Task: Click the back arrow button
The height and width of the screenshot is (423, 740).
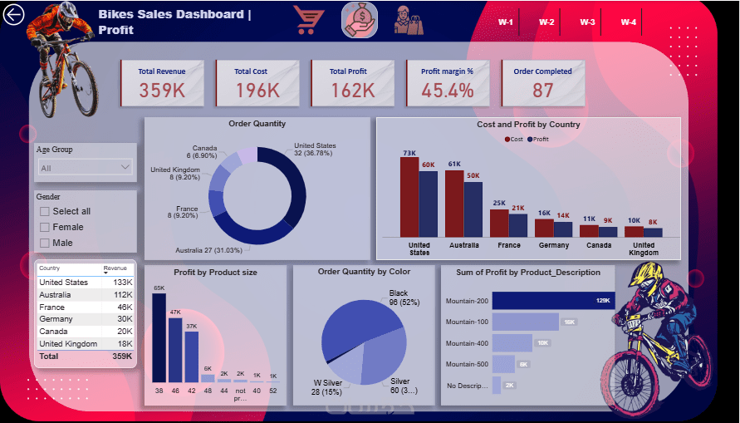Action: coord(14,16)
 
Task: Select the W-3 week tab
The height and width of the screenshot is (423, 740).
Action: coord(587,22)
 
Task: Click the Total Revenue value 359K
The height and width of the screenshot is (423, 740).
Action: coord(162,90)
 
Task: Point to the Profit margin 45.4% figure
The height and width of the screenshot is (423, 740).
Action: coord(447,90)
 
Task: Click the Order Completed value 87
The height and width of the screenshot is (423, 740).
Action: coord(543,90)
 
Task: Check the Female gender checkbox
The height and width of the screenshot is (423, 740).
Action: coord(45,227)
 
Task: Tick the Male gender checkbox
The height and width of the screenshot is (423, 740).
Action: coord(45,243)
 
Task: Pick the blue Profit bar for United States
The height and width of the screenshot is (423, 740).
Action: coord(428,204)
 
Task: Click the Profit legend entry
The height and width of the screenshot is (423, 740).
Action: coord(537,140)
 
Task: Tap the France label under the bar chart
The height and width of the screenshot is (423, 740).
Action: coord(509,245)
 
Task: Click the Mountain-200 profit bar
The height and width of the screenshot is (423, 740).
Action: coord(553,300)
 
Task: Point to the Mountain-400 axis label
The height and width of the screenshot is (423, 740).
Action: coord(466,343)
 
